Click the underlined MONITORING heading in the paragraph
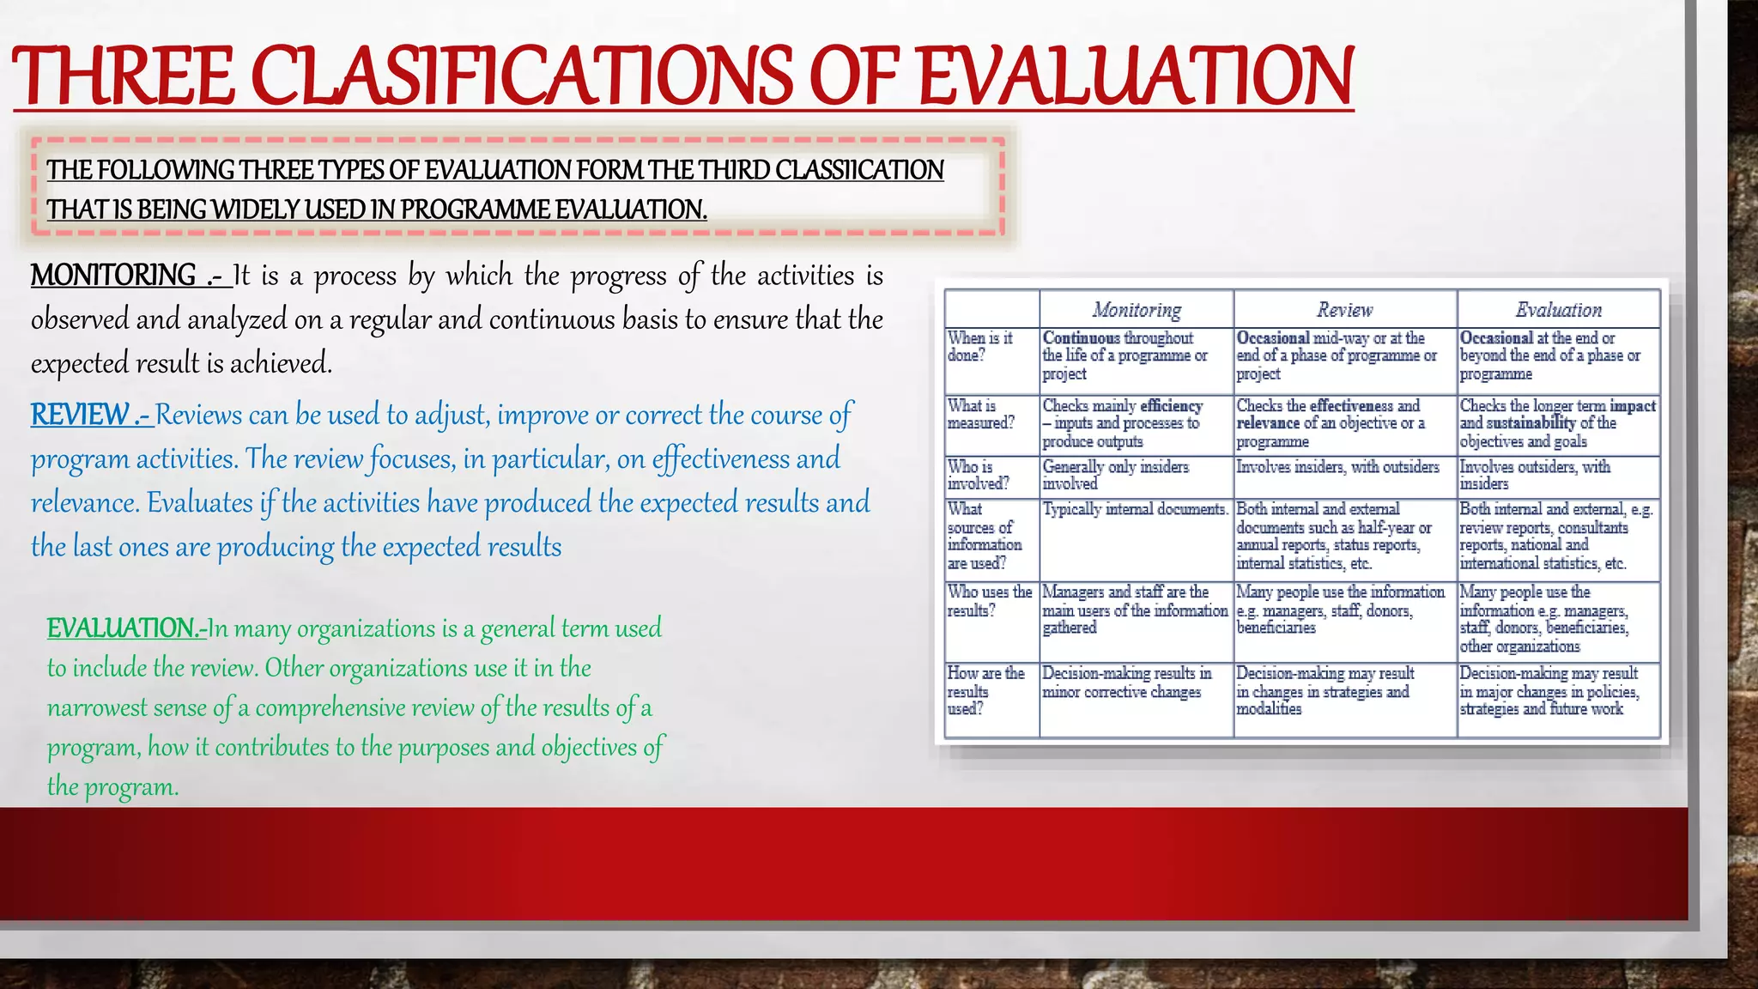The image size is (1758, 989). click(113, 276)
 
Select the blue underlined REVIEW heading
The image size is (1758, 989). click(80, 415)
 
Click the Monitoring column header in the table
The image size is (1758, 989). click(1137, 310)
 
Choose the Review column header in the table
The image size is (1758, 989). click(1344, 310)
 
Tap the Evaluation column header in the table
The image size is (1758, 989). click(1558, 310)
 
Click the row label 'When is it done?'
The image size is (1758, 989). click(979, 347)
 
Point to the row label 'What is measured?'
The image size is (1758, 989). click(980, 414)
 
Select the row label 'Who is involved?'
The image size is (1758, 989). click(978, 475)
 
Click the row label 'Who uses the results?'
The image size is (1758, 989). click(989, 601)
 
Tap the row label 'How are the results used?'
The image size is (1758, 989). click(985, 691)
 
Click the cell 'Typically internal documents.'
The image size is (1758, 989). click(1135, 510)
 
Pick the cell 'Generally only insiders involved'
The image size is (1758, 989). click(1115, 475)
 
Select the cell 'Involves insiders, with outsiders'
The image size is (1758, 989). click(1337, 467)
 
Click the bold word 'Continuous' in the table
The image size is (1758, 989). click(1081, 338)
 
